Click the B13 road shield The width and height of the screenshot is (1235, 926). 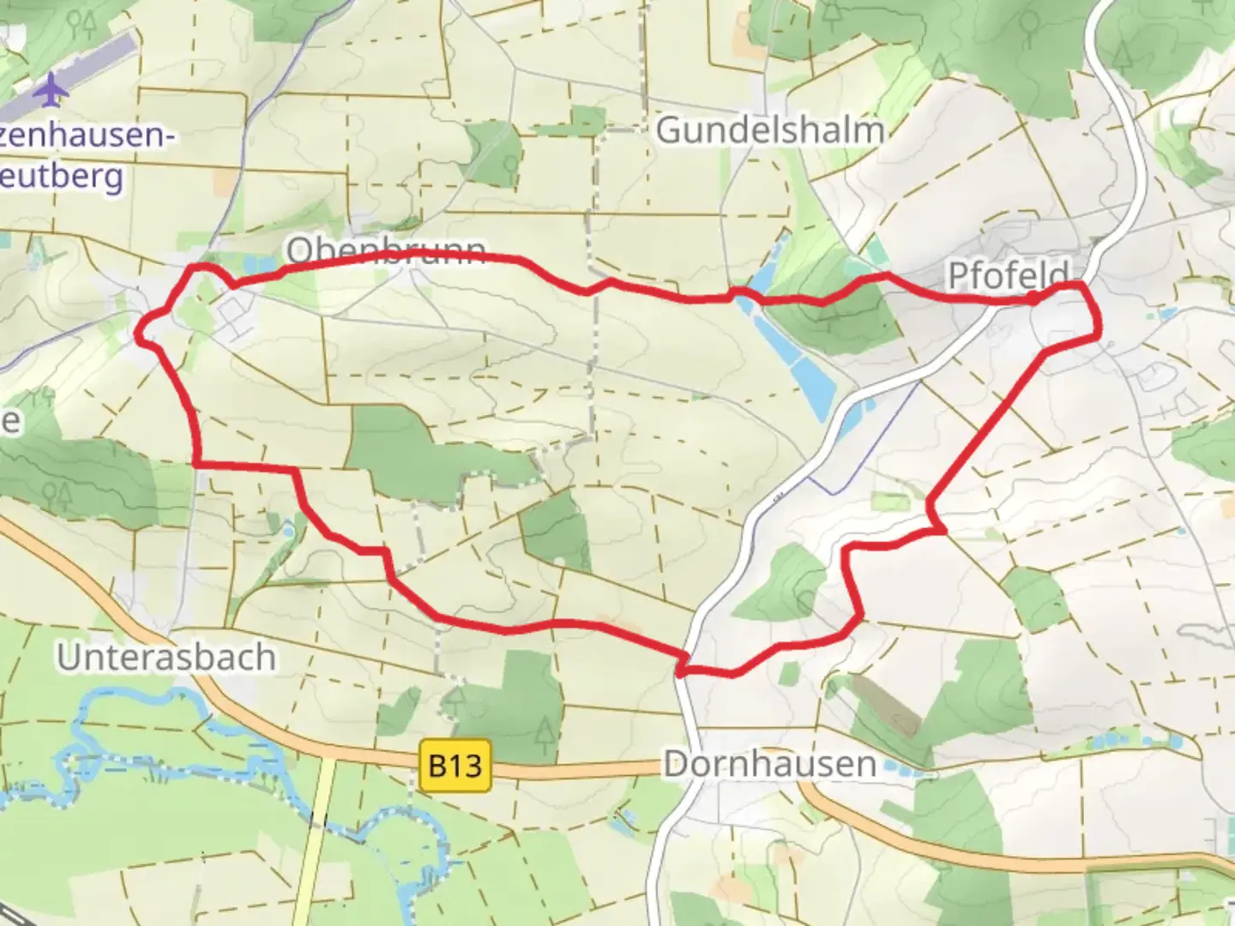455,764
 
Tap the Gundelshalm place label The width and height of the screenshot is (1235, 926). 769,130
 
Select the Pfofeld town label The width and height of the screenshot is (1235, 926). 1008,275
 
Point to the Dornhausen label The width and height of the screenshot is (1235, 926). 769,763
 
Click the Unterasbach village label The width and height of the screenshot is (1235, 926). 166,658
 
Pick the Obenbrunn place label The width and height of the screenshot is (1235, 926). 386,250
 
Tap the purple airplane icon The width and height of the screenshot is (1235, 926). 53,89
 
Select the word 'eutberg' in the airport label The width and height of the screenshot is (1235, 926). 63,177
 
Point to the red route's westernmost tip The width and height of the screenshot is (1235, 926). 138,335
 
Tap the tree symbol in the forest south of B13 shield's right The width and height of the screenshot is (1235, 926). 544,729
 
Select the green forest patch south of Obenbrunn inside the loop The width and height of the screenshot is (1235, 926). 403,446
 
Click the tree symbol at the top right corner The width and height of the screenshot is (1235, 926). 1124,56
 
